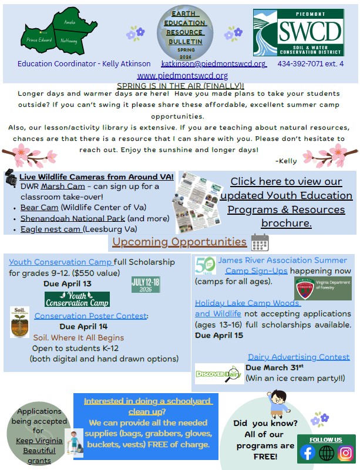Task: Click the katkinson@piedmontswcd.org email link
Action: pyautogui.click(x=213, y=63)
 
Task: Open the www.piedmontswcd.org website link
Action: pyautogui.click(x=182, y=76)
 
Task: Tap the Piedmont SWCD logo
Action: pyautogui.click(x=298, y=32)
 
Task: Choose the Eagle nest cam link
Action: pyautogui.click(x=51, y=229)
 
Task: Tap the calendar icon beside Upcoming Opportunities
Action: pyautogui.click(x=260, y=242)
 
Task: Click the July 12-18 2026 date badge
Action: pyautogui.click(x=146, y=285)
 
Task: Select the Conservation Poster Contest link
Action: pyautogui.click(x=90, y=316)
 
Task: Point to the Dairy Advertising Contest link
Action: pyautogui.click(x=298, y=357)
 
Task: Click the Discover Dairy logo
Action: pyautogui.click(x=218, y=374)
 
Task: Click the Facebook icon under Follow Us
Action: pyautogui.click(x=307, y=452)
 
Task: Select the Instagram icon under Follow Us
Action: pyautogui.click(x=346, y=452)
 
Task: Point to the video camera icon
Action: pyautogui.click(x=11, y=177)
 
